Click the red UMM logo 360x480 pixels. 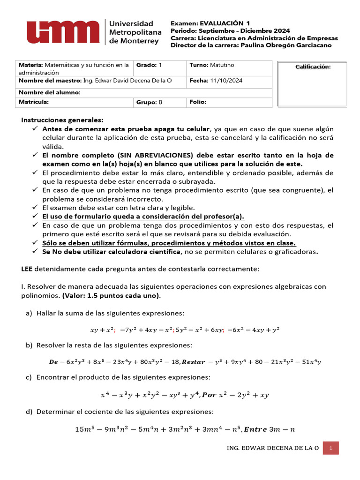click(63, 31)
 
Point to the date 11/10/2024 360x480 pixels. click(226, 81)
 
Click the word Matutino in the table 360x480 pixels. click(222, 65)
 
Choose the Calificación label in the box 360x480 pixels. click(313, 67)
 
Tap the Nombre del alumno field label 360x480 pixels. click(50, 92)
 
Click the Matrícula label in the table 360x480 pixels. click(33, 102)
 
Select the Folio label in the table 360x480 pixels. click(198, 102)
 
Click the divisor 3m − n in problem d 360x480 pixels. click(281, 429)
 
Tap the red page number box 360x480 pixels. click(331, 448)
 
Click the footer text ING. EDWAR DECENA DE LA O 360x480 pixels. click(273, 448)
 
